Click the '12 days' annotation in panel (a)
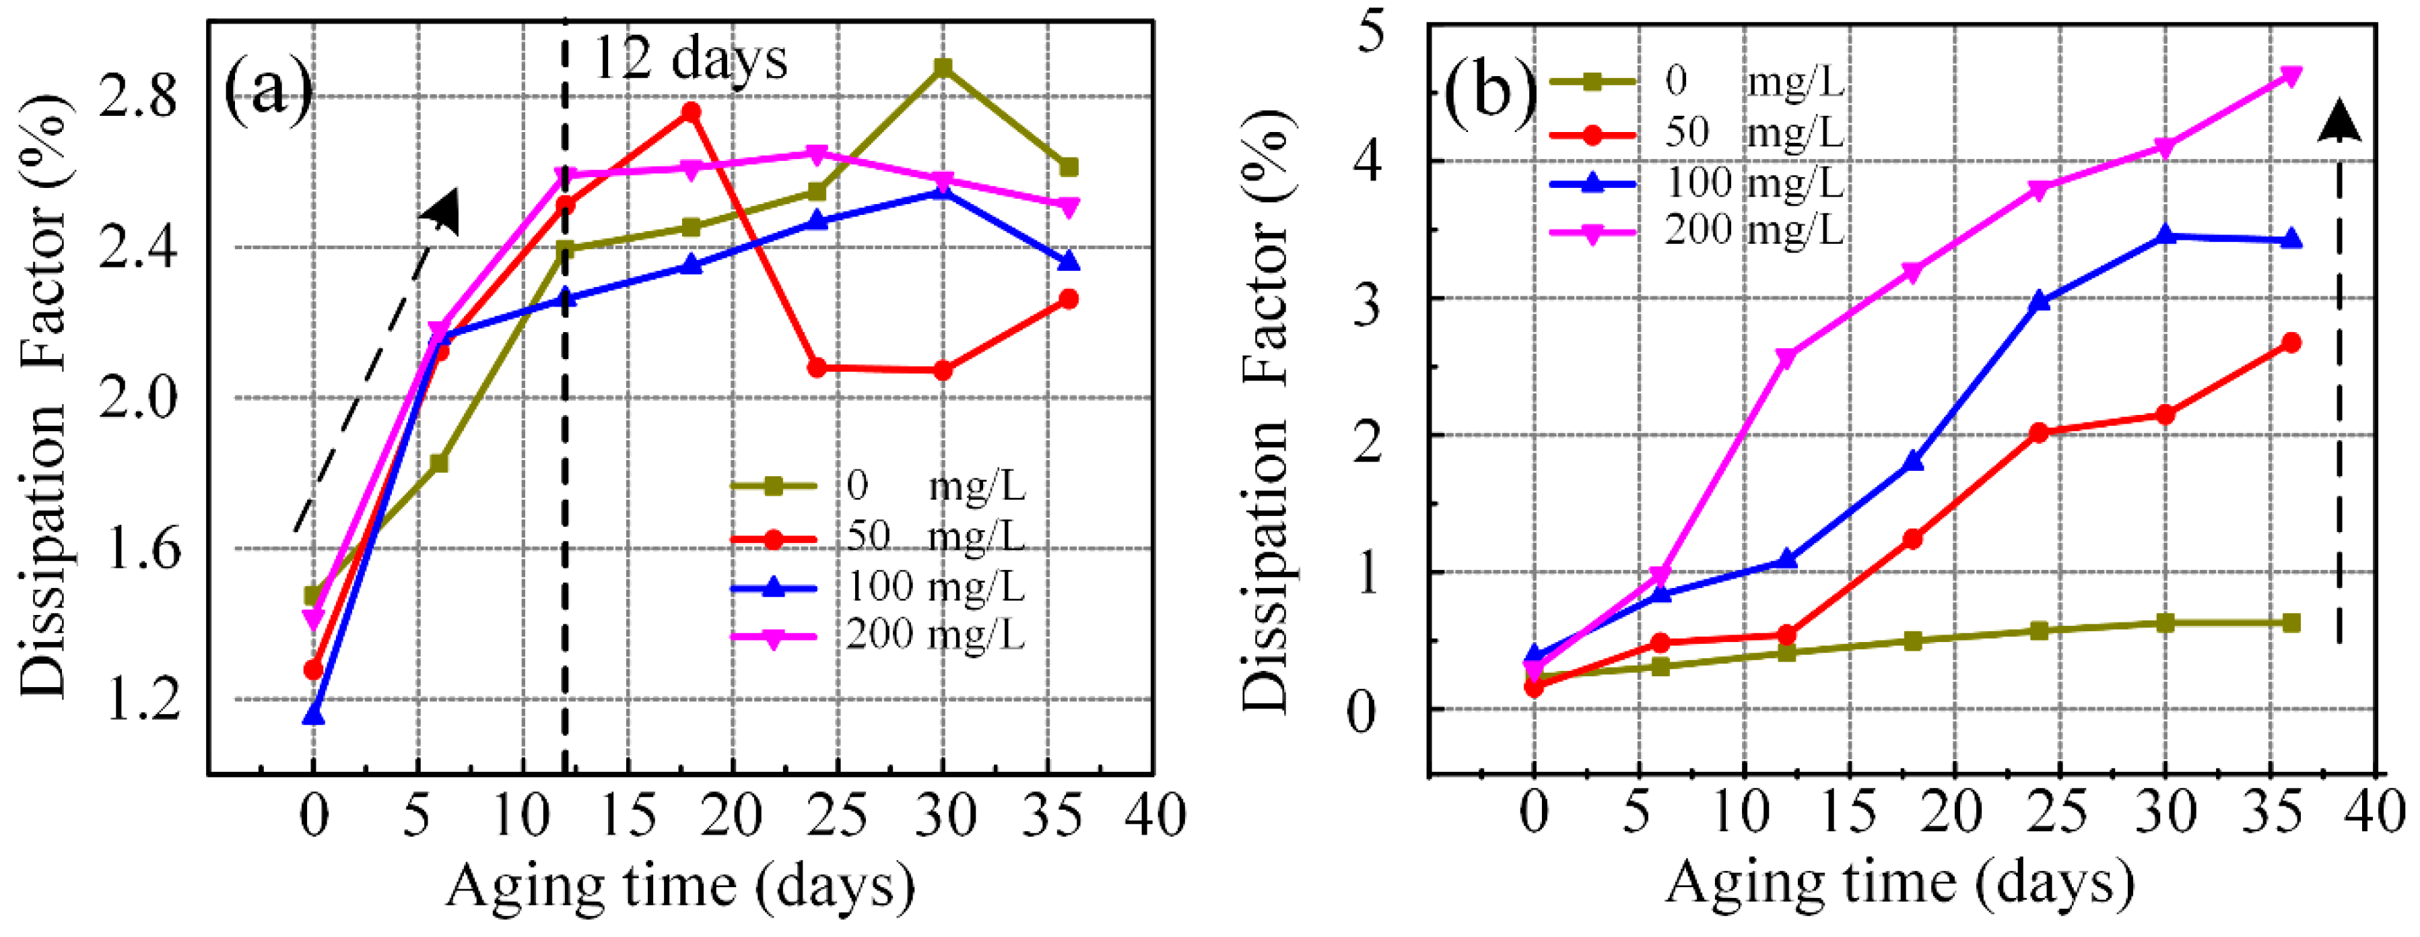[690, 59]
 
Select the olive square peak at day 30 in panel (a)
[943, 67]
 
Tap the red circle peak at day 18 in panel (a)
[690, 112]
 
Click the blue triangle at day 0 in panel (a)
[314, 716]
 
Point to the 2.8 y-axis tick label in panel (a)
[138, 96]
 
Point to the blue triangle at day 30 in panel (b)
[2165, 235]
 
